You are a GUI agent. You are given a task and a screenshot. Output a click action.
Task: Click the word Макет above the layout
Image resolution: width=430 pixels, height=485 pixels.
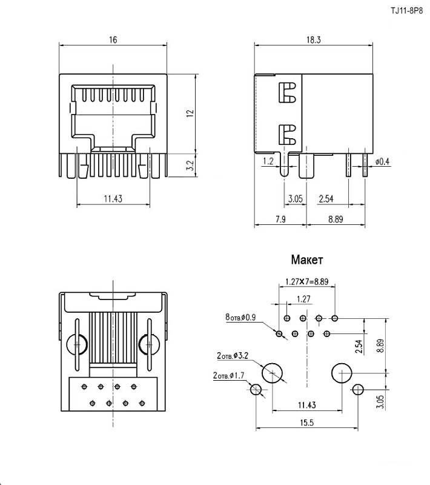pyautogui.click(x=307, y=260)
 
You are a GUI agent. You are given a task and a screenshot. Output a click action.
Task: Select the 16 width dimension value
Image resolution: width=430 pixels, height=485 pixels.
pyautogui.click(x=113, y=40)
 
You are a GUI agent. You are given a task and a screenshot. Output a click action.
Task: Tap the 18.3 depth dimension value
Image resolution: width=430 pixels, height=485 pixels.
pyautogui.click(x=314, y=40)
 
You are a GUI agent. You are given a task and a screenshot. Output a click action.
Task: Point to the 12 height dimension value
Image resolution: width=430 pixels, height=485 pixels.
pyautogui.click(x=190, y=113)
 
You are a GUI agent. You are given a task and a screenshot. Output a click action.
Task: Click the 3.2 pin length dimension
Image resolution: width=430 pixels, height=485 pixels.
pyautogui.click(x=190, y=164)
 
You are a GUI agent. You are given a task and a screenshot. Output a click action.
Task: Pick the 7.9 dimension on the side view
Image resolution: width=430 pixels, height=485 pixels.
pyautogui.click(x=280, y=219)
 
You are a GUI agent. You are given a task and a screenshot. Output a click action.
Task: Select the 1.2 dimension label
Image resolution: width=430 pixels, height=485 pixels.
pyautogui.click(x=268, y=162)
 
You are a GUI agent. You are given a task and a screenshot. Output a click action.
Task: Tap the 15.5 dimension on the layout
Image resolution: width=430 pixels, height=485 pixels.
pyautogui.click(x=306, y=423)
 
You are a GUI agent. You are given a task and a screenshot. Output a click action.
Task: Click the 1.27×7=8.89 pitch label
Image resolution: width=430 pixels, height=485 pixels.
pyautogui.click(x=306, y=281)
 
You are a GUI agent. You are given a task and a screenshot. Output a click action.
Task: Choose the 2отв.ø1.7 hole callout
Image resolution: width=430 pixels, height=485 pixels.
pyautogui.click(x=228, y=376)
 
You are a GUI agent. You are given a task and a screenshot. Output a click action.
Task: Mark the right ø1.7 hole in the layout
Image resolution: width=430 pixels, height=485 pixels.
pyautogui.click(x=358, y=390)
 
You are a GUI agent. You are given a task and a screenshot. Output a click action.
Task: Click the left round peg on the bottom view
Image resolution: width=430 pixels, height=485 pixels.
pyautogui.click(x=77, y=344)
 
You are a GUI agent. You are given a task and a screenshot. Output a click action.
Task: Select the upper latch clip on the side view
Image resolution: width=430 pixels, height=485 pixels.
pyautogui.click(x=286, y=92)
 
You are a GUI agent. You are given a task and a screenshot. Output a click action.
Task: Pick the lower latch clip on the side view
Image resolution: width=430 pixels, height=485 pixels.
pyautogui.click(x=286, y=133)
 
